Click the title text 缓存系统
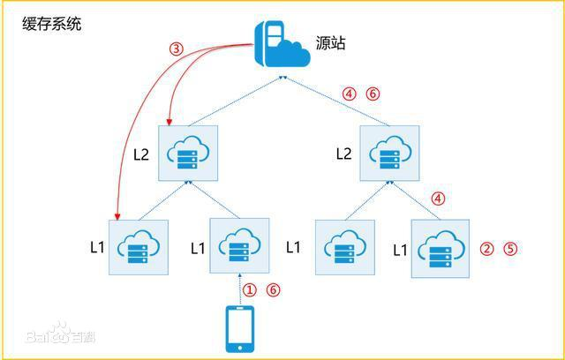pyautogui.click(x=52, y=25)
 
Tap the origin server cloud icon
pyautogui.click(x=282, y=45)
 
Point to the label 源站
pyautogui.click(x=331, y=42)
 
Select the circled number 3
pyautogui.click(x=177, y=49)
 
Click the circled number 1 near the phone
pyautogui.click(x=249, y=289)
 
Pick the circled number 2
pyautogui.click(x=486, y=249)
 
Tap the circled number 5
pyautogui.click(x=510, y=249)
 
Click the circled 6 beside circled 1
pyautogui.click(x=273, y=289)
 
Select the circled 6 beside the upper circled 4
pyautogui.click(x=373, y=94)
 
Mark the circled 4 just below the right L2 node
pyautogui.click(x=438, y=199)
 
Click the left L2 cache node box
pyautogui.click(x=188, y=153)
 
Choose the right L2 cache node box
pyautogui.click(x=389, y=153)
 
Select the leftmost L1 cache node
pyautogui.click(x=139, y=247)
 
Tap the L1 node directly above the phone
pyautogui.click(x=239, y=246)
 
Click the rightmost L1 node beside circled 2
pyautogui.click(x=441, y=249)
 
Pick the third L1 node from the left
pyautogui.click(x=345, y=247)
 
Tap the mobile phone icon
pyautogui.click(x=239, y=329)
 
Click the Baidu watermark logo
pyautogui.click(x=61, y=334)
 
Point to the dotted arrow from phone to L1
pyautogui.click(x=239, y=289)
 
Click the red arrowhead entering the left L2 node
pyautogui.click(x=169, y=123)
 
